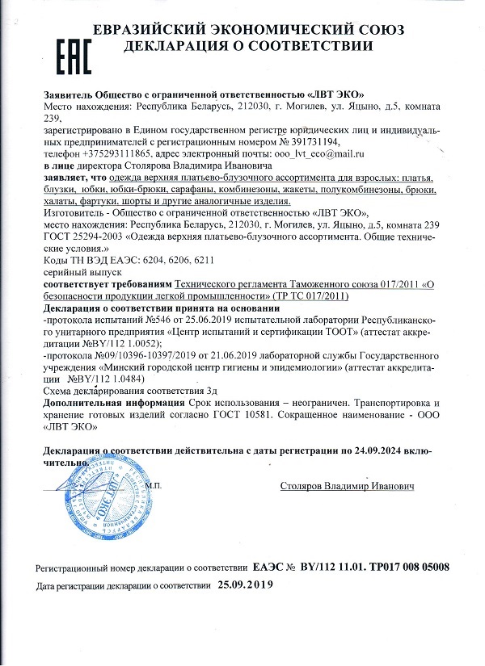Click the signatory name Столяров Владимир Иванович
(x=348, y=487)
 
